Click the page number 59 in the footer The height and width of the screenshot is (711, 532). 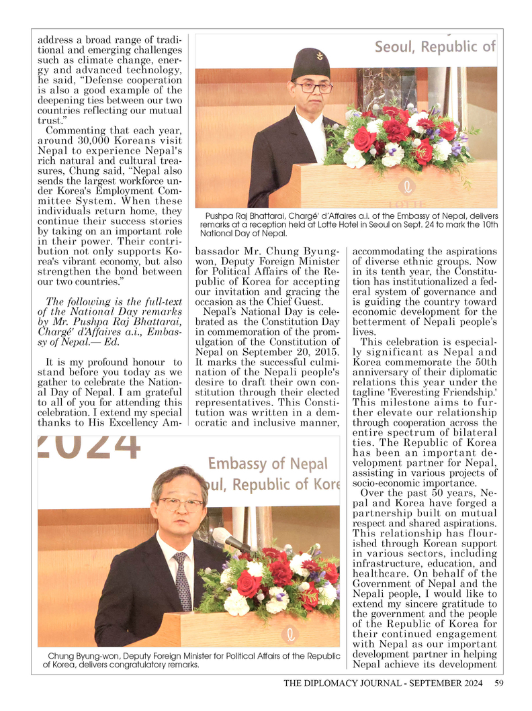(x=498, y=684)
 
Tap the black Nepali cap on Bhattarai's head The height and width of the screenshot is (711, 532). (x=310, y=64)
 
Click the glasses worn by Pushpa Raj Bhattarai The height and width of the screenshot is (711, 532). (x=313, y=87)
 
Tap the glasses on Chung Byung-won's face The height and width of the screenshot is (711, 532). (x=180, y=504)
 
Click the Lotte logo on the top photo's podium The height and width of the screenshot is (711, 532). (x=406, y=187)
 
